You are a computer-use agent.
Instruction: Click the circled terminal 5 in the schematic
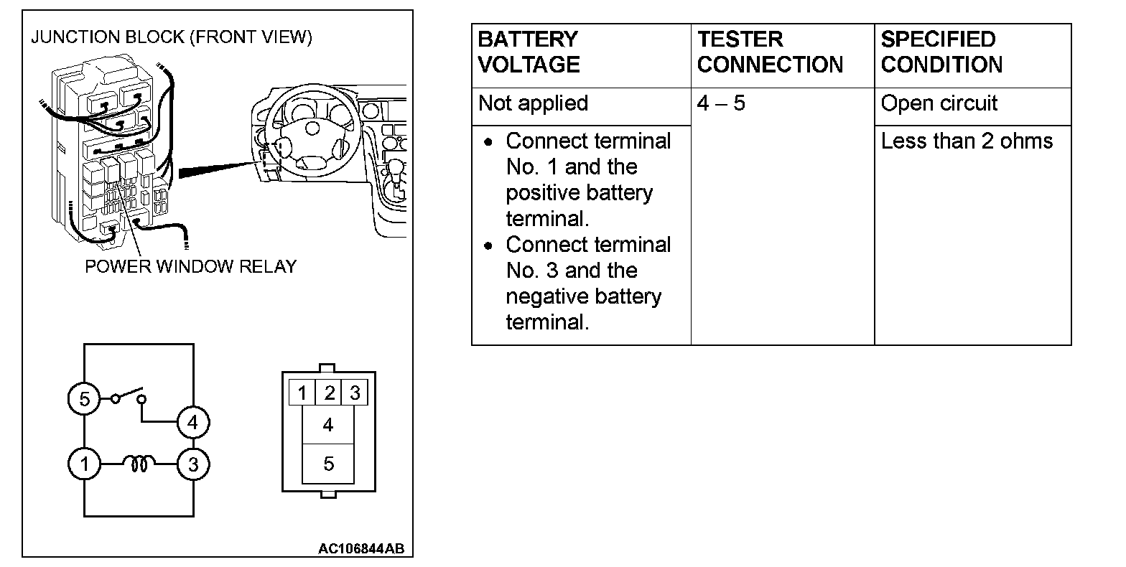[x=85, y=398]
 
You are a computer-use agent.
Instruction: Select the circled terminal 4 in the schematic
[x=192, y=423]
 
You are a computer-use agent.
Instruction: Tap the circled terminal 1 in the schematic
[x=85, y=464]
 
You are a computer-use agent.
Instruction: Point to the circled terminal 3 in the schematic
[x=192, y=464]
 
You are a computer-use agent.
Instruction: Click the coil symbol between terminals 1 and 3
[x=139, y=464]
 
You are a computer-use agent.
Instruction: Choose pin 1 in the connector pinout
[x=302, y=393]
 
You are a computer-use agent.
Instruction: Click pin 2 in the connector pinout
[x=329, y=393]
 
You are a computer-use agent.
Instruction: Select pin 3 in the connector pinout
[x=354, y=393]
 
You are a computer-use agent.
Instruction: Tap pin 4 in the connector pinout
[x=328, y=425]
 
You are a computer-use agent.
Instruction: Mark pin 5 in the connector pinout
[x=328, y=464]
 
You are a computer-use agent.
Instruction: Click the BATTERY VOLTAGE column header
[x=529, y=52]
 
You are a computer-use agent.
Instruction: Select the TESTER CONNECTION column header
[x=770, y=52]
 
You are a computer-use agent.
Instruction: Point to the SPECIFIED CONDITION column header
[x=941, y=52]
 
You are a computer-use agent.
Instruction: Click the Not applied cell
[x=533, y=103]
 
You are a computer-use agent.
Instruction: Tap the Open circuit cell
[x=939, y=103]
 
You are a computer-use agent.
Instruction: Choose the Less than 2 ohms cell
[x=967, y=141]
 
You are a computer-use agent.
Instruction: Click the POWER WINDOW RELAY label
[x=190, y=266]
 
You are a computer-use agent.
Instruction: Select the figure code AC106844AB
[x=361, y=549]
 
